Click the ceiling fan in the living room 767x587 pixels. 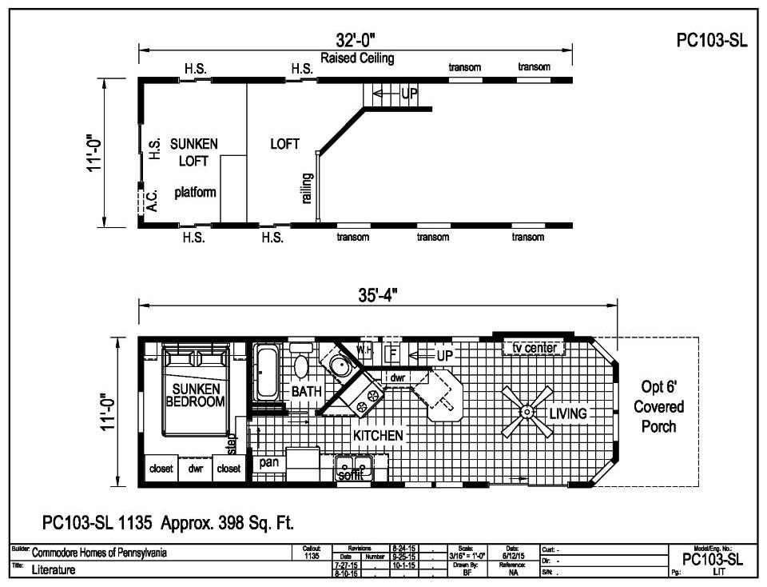pos(527,411)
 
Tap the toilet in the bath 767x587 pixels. pos(301,365)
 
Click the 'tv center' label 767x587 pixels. pos(534,348)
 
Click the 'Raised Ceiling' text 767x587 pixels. pos(357,58)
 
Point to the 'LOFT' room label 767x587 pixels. pos(284,144)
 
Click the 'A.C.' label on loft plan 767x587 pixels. pos(152,199)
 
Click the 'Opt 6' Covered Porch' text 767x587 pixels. pos(658,406)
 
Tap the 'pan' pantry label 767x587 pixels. pos(268,462)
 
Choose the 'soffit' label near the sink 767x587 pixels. pos(350,475)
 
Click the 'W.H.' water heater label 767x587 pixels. pos(364,350)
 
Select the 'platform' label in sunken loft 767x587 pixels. pos(195,193)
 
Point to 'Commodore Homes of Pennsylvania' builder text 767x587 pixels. pos(99,553)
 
